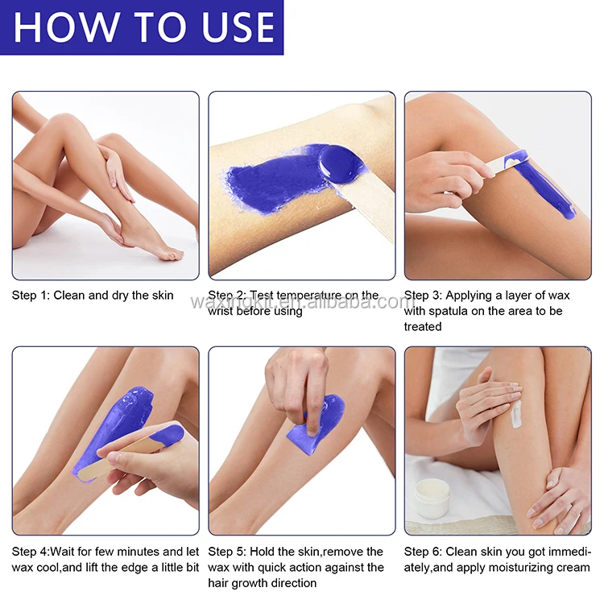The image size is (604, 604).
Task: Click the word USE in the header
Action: coord(238,27)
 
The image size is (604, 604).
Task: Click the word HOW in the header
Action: coord(65,27)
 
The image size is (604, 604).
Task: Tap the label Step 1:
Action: coord(31,296)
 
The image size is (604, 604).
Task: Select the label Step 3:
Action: coord(423,296)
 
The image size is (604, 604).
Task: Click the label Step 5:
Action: coord(227,552)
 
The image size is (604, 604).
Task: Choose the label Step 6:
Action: coord(423,552)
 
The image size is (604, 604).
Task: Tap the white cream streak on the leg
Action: coord(516,414)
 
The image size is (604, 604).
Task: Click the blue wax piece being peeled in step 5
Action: coord(316,424)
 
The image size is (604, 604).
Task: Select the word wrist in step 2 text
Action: coord(221,311)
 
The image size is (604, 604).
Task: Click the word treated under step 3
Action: coord(423,327)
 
